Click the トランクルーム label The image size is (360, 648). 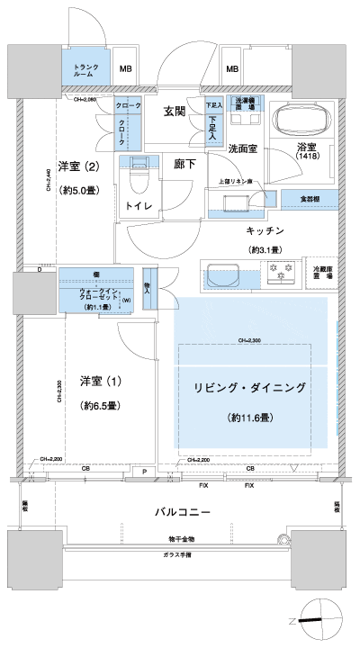[x=85, y=70]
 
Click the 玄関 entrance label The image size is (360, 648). [x=175, y=112]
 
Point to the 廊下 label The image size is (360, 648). [x=185, y=166]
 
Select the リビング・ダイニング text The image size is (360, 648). [x=250, y=389]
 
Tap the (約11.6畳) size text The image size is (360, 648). [x=250, y=418]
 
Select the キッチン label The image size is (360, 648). [x=265, y=231]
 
